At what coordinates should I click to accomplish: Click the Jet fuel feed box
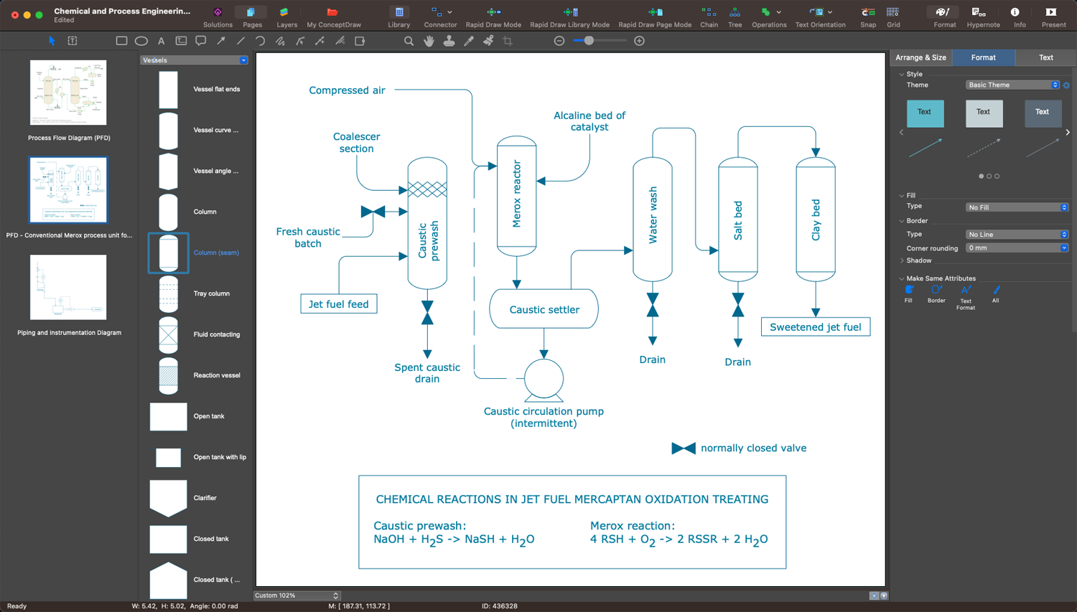pos(338,304)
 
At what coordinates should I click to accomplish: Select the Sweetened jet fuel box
pos(815,327)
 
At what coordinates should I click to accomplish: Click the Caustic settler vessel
pos(544,309)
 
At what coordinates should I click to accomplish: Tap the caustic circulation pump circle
pos(544,378)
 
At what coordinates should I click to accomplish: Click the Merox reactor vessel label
pos(517,194)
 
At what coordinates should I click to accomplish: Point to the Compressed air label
pos(347,90)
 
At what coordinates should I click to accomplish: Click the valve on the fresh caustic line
pos(373,212)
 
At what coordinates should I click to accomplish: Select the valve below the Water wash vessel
pos(653,305)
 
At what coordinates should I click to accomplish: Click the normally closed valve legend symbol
pos(684,448)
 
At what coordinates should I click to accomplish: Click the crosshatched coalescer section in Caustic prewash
pos(427,189)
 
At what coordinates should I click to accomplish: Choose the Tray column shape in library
pos(168,293)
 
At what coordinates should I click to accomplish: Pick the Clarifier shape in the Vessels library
pos(168,497)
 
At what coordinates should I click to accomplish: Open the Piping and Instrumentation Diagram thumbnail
pos(68,288)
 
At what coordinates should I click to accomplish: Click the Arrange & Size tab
pos(920,57)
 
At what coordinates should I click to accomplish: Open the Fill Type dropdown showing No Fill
pos(1016,207)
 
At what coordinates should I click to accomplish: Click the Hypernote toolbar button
pos(982,17)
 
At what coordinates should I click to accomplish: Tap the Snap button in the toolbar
pos(867,17)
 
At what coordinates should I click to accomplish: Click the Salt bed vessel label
pos(738,220)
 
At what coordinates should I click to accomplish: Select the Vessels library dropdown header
pos(194,60)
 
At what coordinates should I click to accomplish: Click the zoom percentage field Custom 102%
pos(296,595)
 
